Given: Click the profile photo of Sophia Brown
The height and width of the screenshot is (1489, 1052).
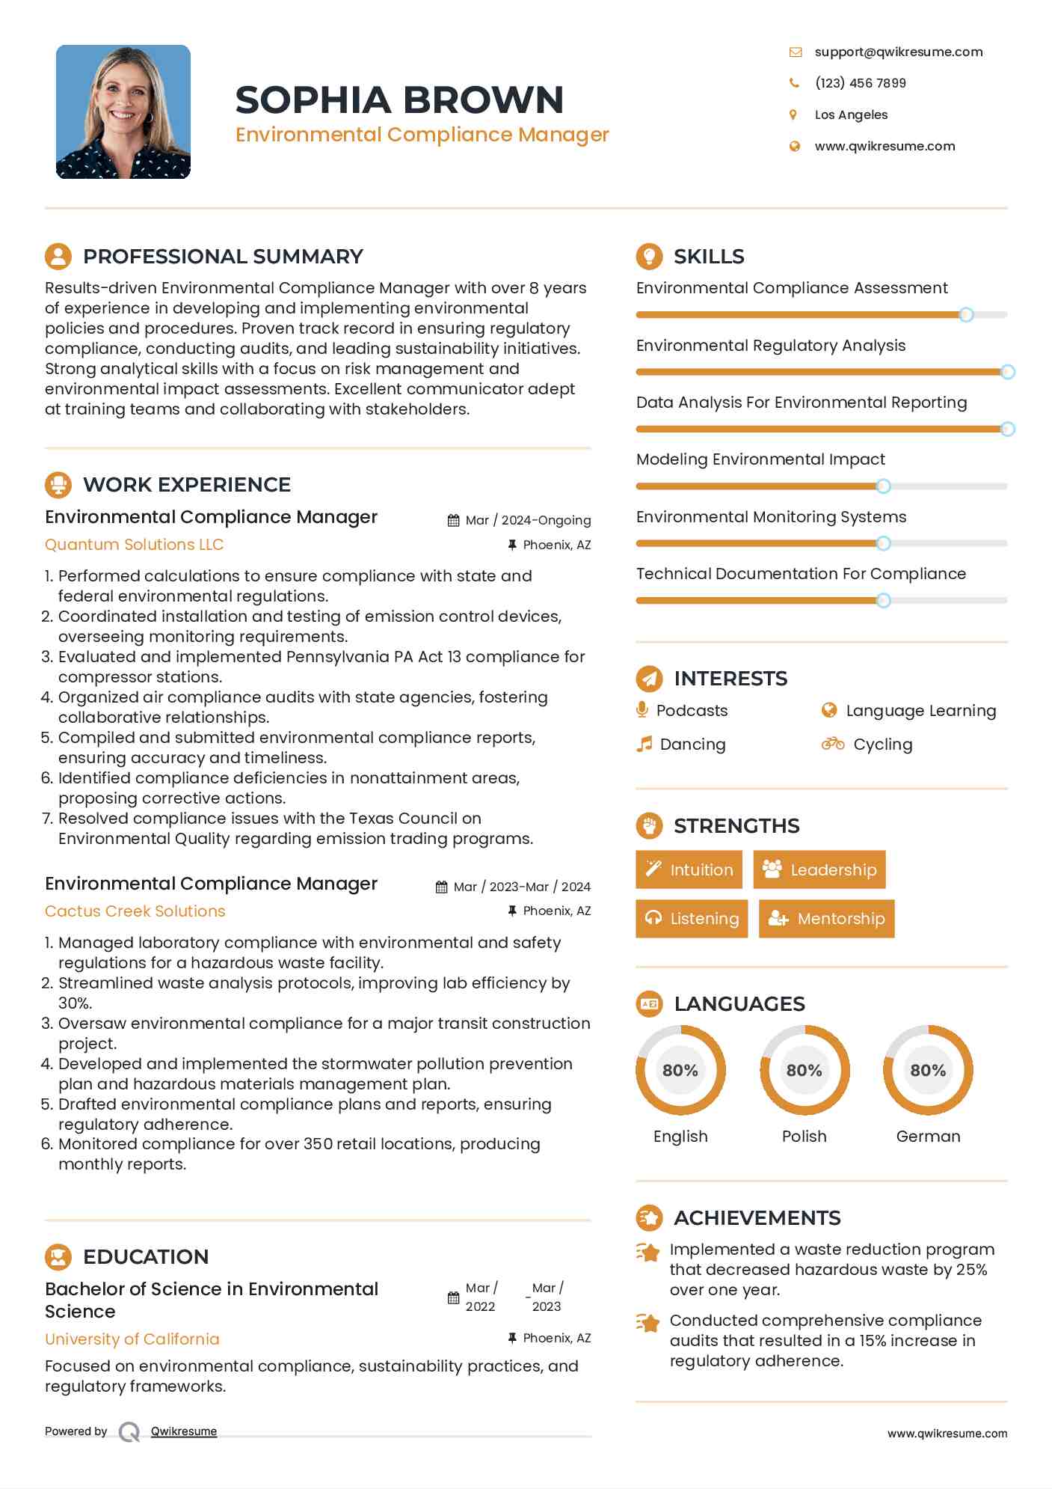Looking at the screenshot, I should (123, 111).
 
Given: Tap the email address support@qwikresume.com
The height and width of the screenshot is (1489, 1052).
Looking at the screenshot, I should (898, 52).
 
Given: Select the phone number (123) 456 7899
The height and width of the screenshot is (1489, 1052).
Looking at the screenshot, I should (860, 83).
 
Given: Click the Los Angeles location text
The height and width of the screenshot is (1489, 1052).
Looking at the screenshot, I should (851, 114).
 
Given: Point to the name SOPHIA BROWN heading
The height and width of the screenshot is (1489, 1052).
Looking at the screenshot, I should (399, 100).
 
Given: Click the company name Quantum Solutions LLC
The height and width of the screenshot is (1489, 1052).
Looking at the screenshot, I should (135, 544).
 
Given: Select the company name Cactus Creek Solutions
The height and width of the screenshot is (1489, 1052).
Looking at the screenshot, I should (135, 911).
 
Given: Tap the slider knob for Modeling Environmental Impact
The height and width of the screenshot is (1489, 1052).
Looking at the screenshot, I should (883, 486).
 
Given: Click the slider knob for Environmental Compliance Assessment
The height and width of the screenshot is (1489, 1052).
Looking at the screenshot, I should (966, 315).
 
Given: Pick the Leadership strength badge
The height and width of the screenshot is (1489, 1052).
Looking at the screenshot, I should (819, 869).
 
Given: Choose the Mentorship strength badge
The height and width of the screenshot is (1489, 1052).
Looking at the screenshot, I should (826, 918).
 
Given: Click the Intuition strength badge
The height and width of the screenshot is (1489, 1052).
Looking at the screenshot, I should (689, 869).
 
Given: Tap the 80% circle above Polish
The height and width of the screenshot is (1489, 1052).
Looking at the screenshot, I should (805, 1070).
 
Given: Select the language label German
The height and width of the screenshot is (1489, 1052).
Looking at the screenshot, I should (928, 1136).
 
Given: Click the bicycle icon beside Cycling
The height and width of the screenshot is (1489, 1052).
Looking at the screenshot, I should (832, 744).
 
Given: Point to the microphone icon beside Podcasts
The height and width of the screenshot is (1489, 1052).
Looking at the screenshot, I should (642, 709).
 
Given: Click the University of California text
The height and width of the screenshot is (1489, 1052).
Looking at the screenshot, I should (132, 1339).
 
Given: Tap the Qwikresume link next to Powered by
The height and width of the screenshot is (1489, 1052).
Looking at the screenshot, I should (184, 1431).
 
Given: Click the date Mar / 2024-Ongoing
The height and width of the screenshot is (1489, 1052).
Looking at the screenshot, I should (528, 520).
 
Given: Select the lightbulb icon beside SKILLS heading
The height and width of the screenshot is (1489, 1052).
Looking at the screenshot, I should (649, 256).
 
